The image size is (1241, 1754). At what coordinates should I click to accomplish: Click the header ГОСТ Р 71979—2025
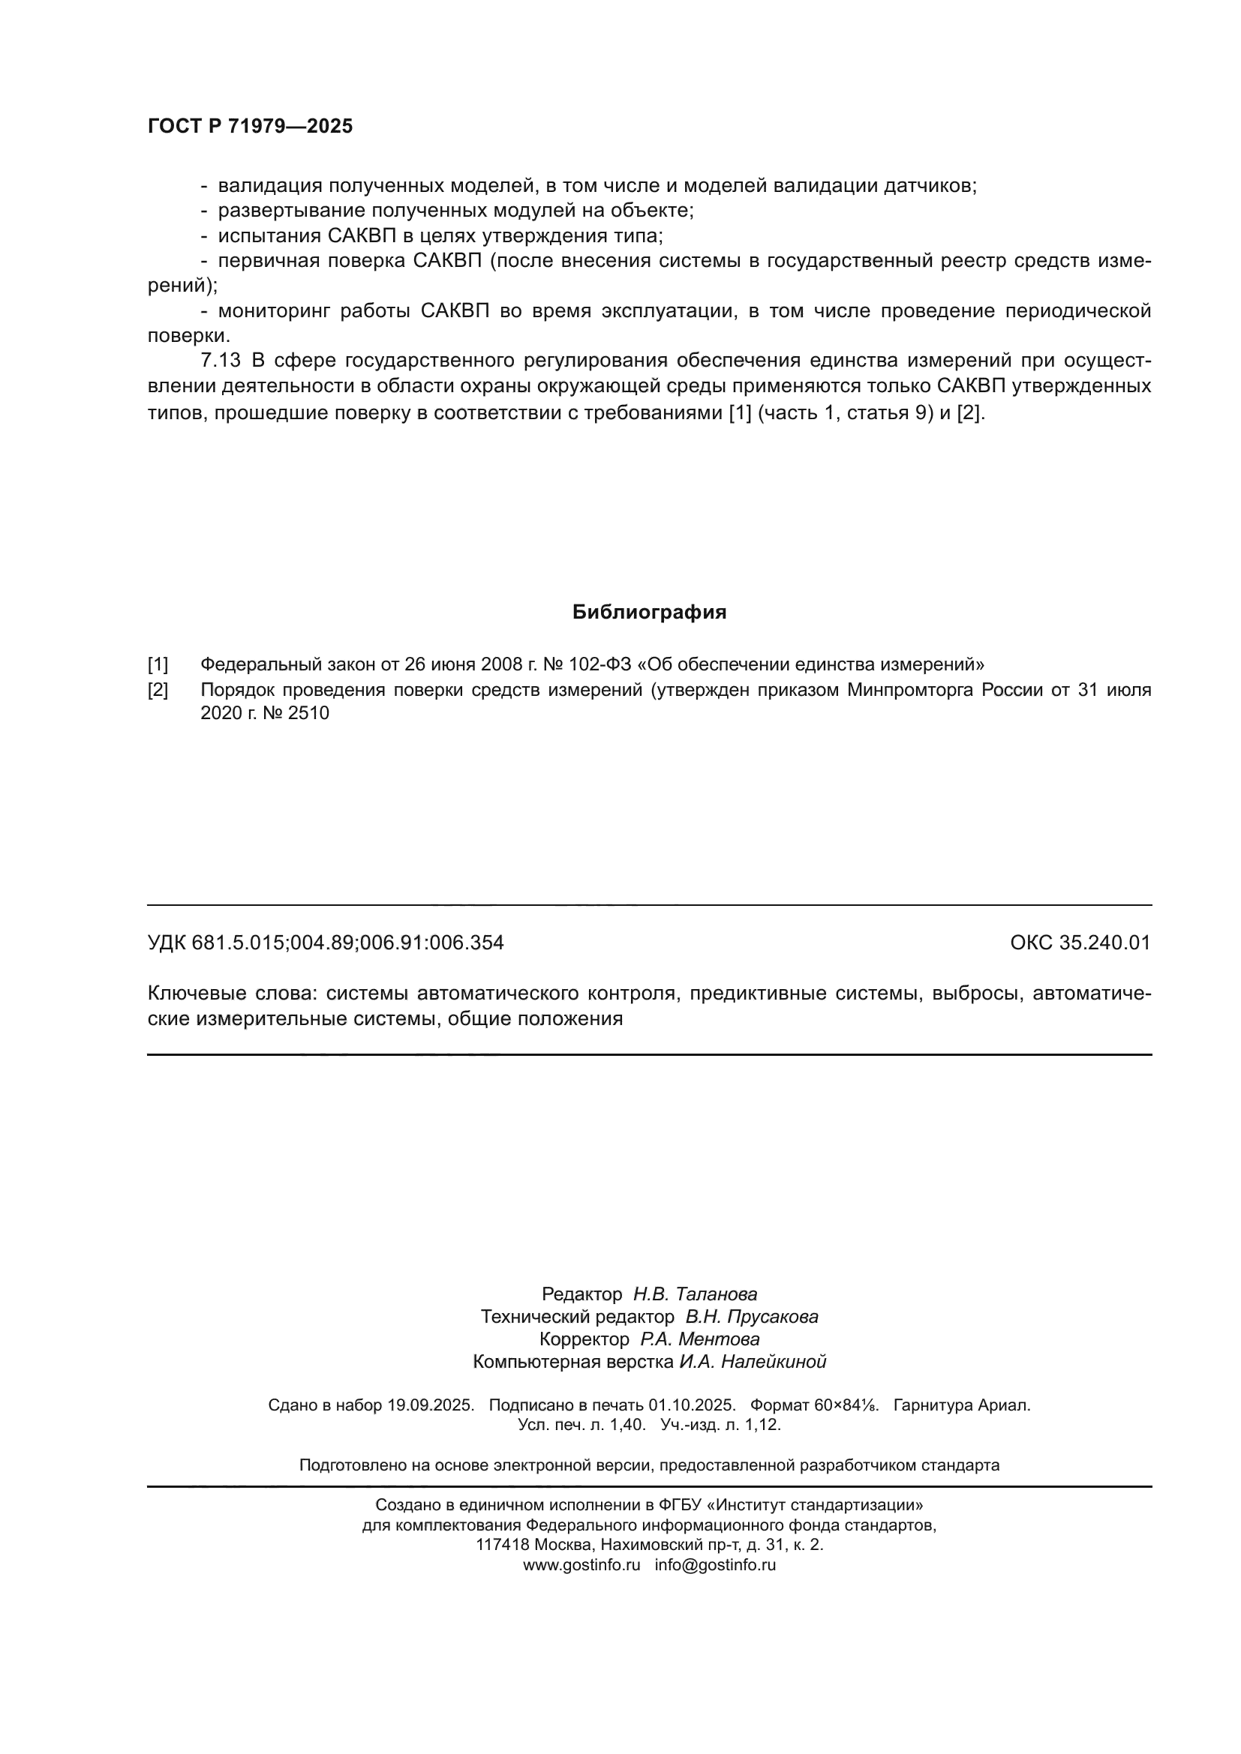point(250,126)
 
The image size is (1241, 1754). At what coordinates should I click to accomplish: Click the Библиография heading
point(649,612)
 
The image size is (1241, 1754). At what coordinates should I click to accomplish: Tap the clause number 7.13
point(221,361)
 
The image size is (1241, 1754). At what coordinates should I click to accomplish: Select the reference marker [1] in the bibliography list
point(158,664)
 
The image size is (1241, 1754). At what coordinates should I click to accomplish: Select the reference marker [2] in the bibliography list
point(158,690)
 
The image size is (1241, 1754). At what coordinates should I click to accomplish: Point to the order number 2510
point(308,713)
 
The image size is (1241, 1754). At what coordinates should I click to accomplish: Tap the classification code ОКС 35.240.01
point(1080,943)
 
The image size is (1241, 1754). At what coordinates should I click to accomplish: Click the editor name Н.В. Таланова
point(696,1294)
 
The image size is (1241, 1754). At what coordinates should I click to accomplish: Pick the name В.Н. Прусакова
point(752,1316)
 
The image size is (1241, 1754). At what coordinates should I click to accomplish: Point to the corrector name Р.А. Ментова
point(700,1339)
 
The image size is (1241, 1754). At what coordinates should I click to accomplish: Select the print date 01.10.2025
point(693,1405)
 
